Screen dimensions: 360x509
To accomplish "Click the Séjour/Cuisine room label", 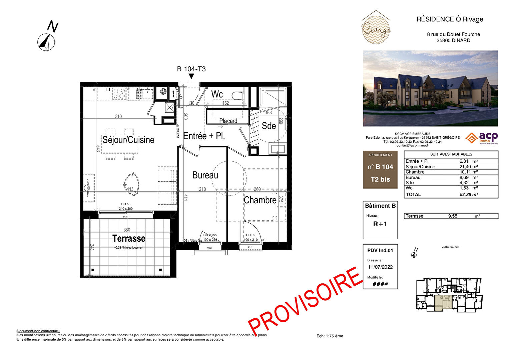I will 128,140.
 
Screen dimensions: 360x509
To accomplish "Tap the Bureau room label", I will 205,175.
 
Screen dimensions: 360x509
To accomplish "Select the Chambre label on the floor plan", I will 260,200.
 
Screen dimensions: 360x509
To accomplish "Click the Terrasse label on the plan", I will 129,239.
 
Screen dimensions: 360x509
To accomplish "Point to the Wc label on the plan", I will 217,94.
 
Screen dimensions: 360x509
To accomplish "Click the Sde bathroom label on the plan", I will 269,126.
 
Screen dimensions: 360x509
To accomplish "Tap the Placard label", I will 228,121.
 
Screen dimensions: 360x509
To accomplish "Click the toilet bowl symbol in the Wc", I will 237,96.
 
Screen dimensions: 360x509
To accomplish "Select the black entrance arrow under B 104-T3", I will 191,76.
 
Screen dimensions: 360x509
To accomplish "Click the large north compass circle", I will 46,42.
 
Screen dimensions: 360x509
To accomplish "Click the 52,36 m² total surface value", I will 469,195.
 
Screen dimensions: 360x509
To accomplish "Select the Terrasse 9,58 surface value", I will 453,216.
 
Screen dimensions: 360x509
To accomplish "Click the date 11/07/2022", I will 380,267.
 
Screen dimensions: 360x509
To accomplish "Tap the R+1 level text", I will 380,224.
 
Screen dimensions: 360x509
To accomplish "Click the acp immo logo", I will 482,138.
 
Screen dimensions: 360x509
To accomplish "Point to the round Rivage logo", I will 376,28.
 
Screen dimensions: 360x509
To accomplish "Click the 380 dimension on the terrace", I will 127,230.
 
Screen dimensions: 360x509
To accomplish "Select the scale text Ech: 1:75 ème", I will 330,336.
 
